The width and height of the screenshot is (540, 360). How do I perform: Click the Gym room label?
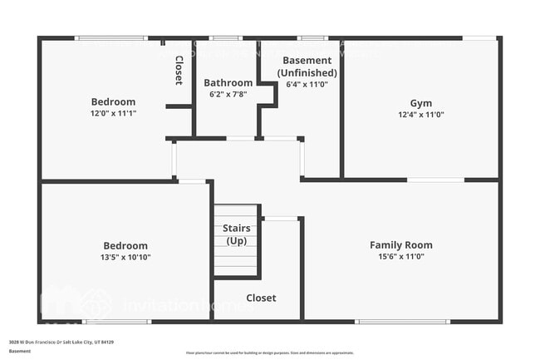tap(420, 103)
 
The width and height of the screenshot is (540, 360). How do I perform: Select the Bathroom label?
tap(228, 83)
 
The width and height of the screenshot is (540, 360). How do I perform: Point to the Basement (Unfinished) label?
tap(307, 67)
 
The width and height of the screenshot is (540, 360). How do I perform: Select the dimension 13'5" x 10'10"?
tap(125, 257)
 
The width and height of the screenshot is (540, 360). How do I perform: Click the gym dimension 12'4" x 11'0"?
tap(420, 115)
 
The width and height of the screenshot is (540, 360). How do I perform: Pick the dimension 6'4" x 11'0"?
tap(307, 84)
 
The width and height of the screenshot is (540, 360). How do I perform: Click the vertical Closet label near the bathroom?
tap(179, 70)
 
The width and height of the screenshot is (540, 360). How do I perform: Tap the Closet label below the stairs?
tap(261, 298)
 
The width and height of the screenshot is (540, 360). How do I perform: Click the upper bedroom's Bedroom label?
tap(113, 101)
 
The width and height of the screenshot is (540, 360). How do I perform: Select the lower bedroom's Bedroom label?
tap(125, 245)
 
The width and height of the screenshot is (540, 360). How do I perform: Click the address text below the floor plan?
tap(61, 342)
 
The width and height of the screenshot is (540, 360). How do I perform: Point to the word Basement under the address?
tap(20, 351)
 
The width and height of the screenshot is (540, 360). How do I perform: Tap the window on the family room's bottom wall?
tap(391, 321)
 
